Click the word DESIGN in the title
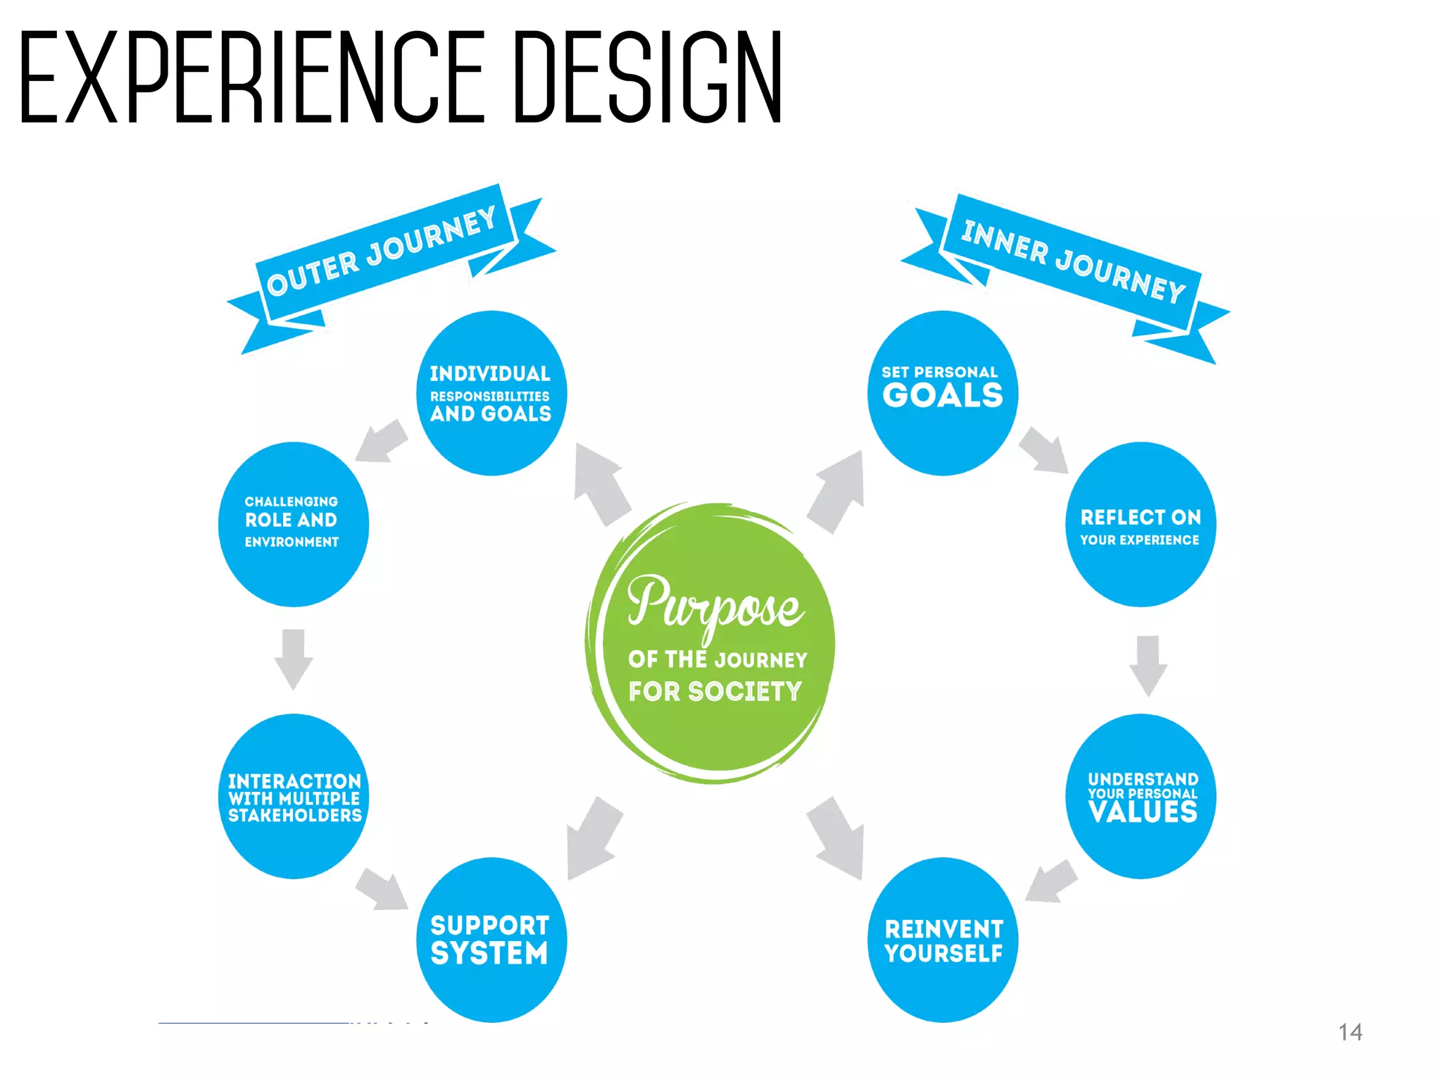(648, 77)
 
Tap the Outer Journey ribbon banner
(384, 254)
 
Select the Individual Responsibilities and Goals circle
(491, 393)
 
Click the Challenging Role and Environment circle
(293, 524)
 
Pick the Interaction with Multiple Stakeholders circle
(294, 797)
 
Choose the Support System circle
(491, 940)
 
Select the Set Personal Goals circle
(943, 393)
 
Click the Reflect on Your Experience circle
(1141, 524)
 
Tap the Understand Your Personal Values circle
(1141, 797)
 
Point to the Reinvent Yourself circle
(943, 940)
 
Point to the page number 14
(1350, 1033)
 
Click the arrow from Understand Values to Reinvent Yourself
(1051, 881)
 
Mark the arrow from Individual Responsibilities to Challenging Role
(382, 442)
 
